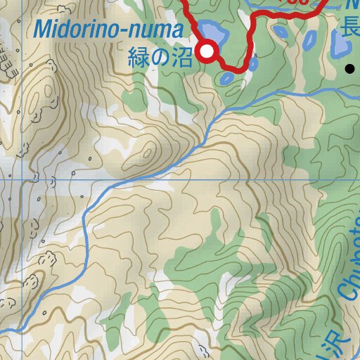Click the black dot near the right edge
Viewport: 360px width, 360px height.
(x=349, y=69)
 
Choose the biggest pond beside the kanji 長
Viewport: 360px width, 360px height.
(x=339, y=46)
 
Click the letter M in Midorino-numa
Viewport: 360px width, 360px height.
(x=44, y=30)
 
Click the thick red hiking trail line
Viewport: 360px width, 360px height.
(x=250, y=42)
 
